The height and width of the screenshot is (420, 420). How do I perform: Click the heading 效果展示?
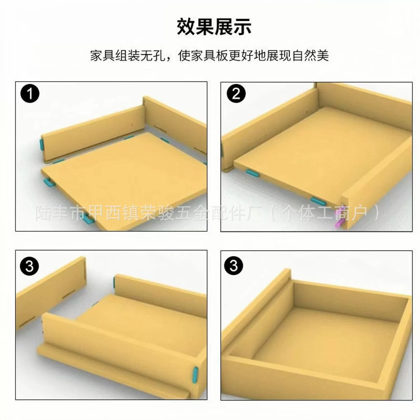(214, 27)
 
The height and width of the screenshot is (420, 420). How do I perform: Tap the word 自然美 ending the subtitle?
(311, 55)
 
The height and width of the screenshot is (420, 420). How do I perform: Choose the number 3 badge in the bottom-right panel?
(234, 265)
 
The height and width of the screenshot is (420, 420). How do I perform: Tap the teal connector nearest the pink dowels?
(318, 200)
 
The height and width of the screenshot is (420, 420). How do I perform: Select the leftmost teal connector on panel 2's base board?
(253, 173)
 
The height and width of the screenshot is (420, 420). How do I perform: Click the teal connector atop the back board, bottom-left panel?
(115, 283)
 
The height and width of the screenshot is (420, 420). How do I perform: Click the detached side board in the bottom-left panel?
(50, 293)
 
